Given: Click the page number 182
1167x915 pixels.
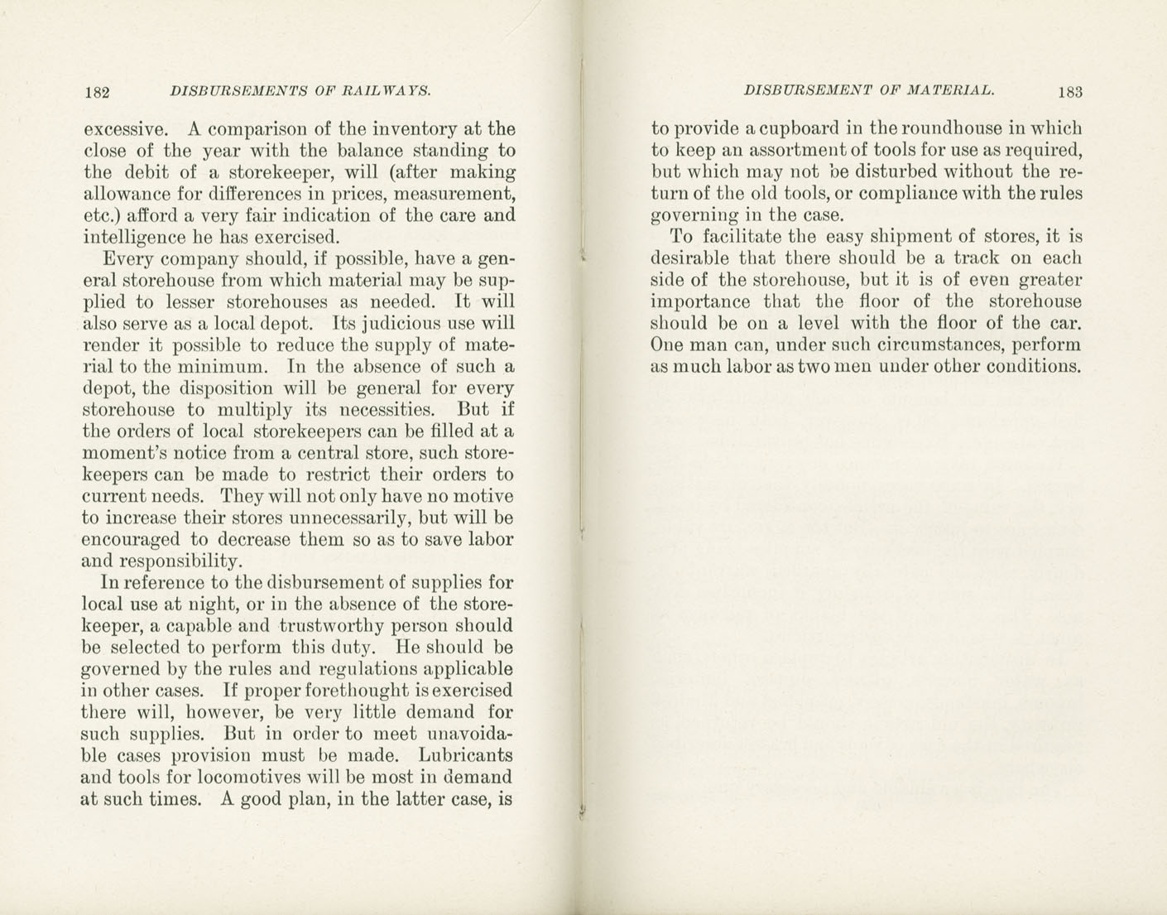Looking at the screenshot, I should click(97, 92).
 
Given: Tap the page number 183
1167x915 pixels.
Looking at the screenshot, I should click(1069, 92).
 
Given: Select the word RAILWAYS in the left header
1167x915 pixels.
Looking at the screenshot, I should click(388, 91).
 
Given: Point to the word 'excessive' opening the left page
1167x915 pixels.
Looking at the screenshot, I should click(123, 129).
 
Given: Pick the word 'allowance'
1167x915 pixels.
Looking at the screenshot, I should click(122, 195).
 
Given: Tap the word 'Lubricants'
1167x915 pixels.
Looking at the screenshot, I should click(465, 755).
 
